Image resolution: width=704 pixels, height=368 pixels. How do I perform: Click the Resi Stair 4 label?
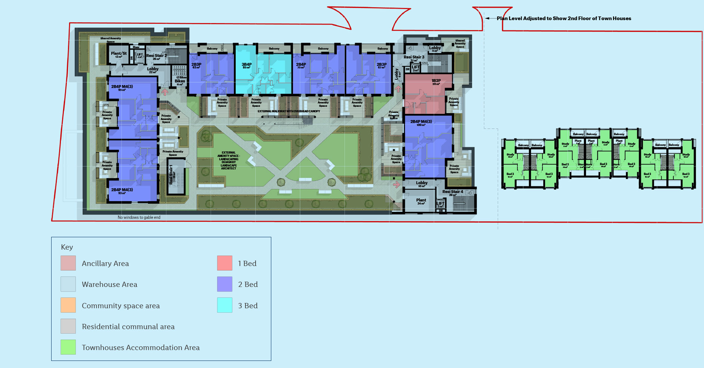453,192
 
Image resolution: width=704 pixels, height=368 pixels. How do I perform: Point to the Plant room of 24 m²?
421,201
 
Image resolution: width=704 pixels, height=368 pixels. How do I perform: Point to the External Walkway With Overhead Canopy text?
288,111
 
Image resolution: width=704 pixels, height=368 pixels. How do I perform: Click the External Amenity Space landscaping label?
229,160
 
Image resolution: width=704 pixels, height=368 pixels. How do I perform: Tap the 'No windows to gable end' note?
139,217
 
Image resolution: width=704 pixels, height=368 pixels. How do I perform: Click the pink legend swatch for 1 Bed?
225,263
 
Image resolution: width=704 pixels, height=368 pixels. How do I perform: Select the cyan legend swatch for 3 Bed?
225,305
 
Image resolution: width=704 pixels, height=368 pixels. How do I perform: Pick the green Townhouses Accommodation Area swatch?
68,347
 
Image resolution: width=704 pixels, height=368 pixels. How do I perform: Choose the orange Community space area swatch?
68,305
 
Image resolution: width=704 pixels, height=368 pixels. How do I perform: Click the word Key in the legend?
67,247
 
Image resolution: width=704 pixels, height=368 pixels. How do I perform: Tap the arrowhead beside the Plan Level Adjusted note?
487,18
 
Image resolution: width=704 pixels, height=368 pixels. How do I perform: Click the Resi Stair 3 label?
414,57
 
